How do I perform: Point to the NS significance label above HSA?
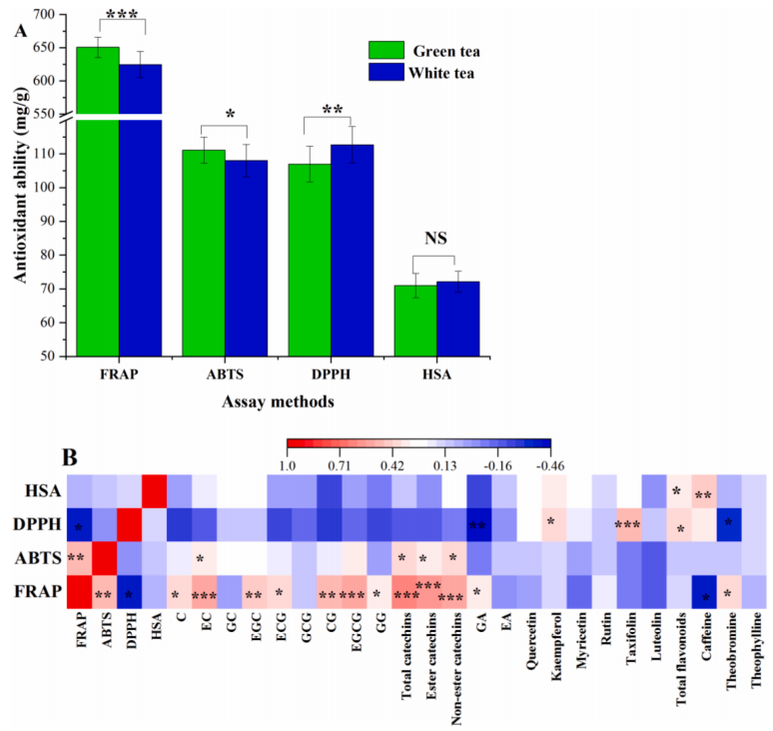(x=435, y=238)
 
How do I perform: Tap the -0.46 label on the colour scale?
(x=550, y=464)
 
